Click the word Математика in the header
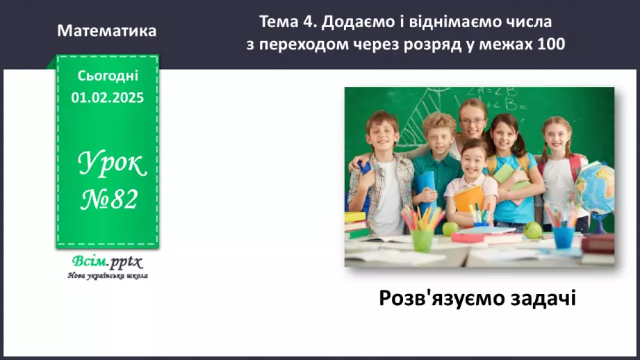[x=107, y=31]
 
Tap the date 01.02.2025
[x=107, y=97]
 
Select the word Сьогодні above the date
[x=108, y=75]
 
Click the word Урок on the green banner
[x=112, y=164]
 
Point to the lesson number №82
[x=110, y=200]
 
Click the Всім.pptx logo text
[x=106, y=262]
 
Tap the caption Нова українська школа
[x=107, y=276]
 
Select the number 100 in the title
[x=551, y=44]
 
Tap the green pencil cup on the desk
[x=422, y=239]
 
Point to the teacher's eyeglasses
[x=472, y=121]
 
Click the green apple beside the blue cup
[x=532, y=229]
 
